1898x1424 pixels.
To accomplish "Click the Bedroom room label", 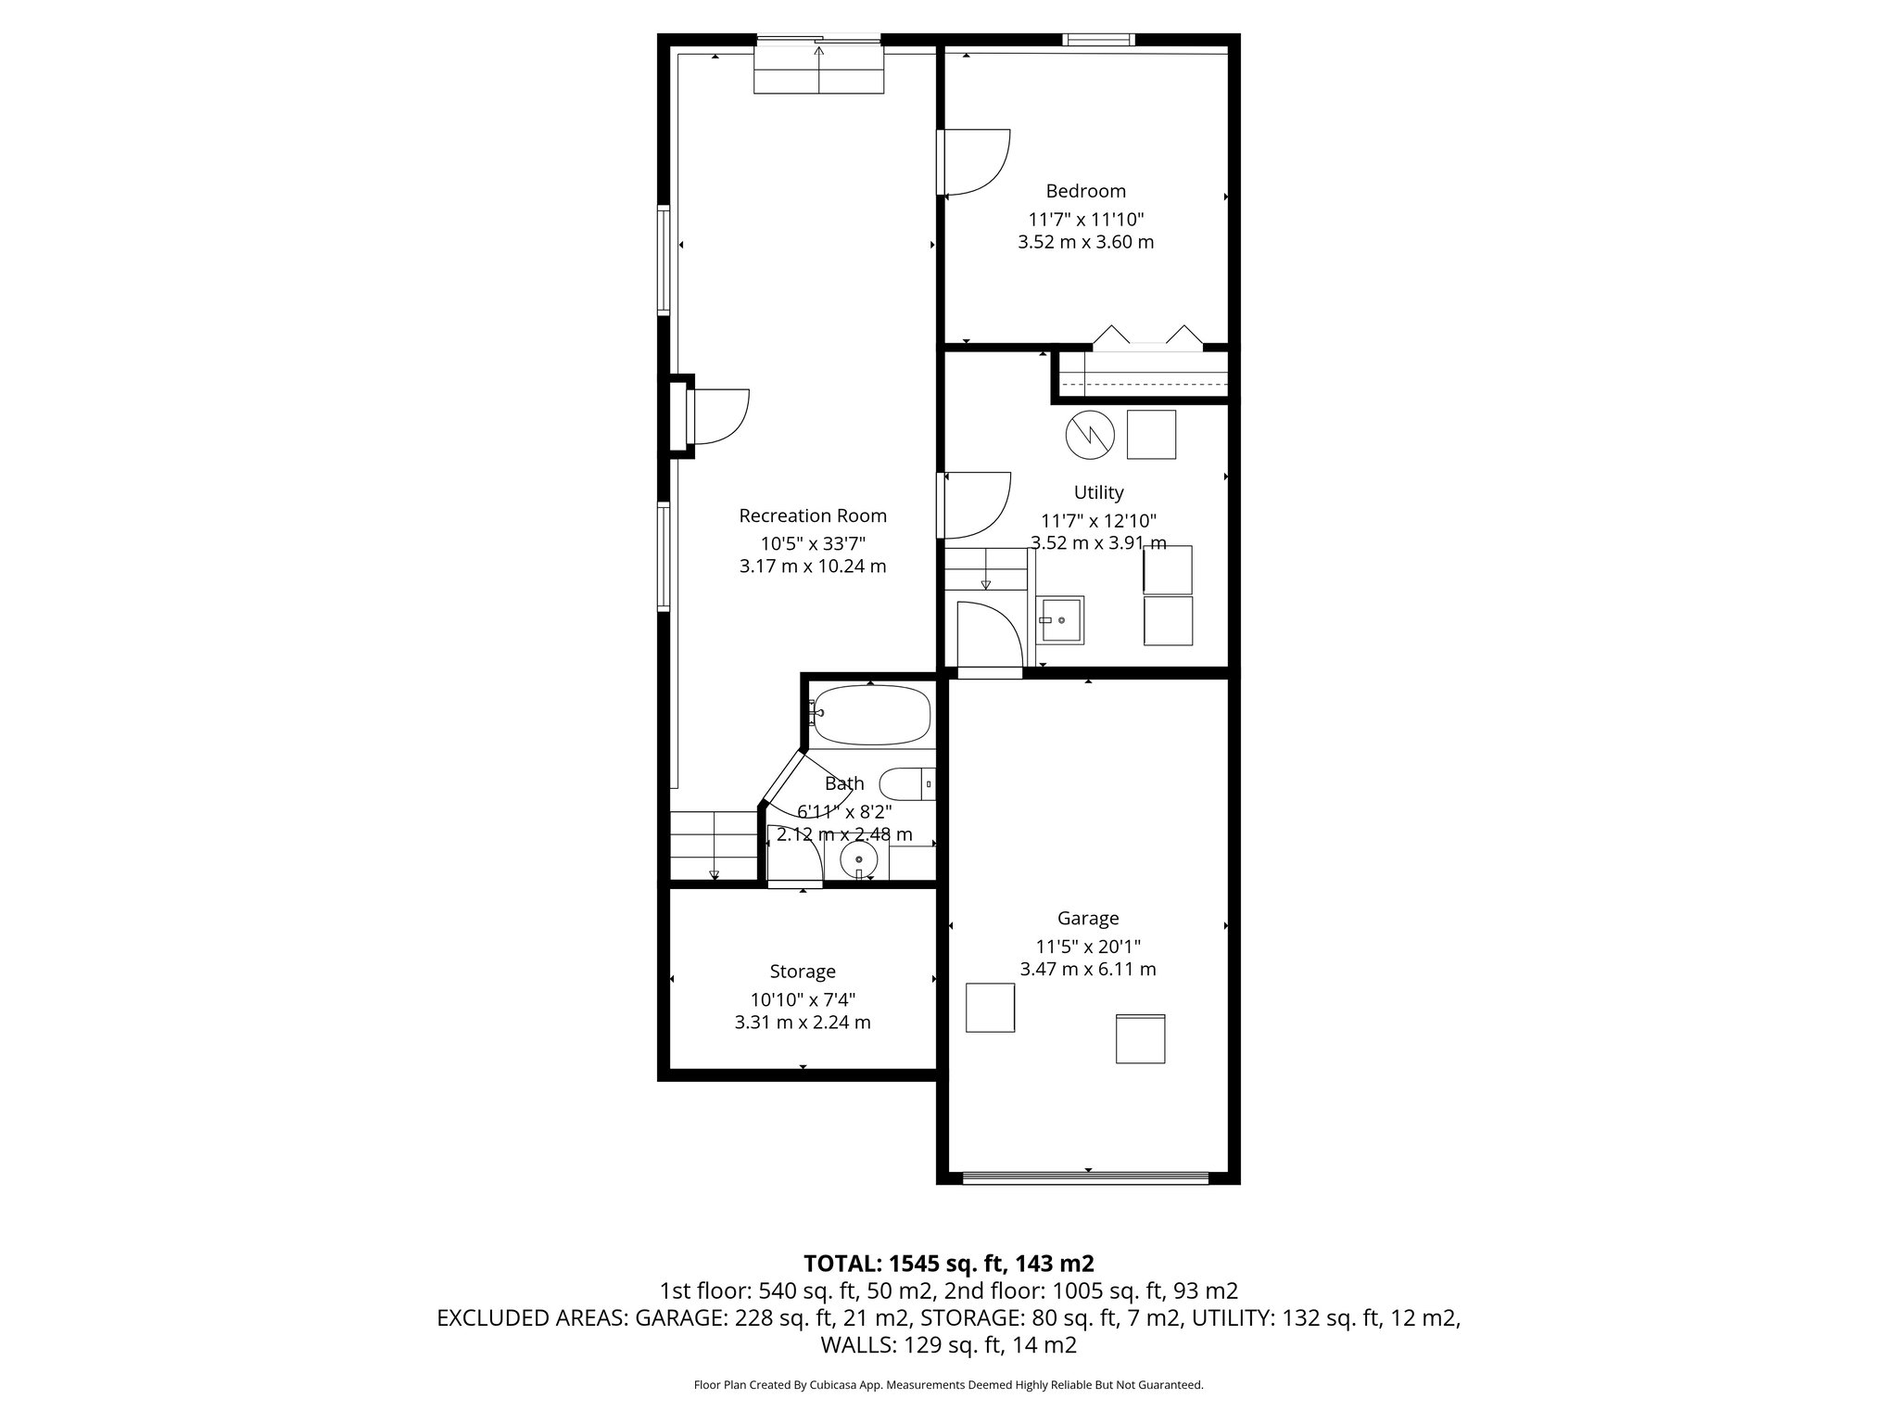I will point(1085,191).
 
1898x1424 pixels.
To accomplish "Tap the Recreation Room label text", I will point(812,515).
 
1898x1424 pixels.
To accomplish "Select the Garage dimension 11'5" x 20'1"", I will point(1087,947).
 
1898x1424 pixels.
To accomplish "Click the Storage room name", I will point(803,971).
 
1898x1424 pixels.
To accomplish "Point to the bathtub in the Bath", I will point(871,715).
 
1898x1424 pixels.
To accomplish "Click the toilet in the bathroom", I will point(906,784).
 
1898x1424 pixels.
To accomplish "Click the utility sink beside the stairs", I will point(1059,619).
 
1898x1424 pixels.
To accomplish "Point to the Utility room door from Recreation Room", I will point(977,506).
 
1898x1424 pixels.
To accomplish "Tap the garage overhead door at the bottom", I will point(1085,1178).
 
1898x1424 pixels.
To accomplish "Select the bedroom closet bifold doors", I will point(1147,339).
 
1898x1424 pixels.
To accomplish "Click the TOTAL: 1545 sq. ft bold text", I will point(948,1263).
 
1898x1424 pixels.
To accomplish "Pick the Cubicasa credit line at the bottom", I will point(948,1385).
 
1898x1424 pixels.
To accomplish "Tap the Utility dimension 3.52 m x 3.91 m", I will point(1098,543).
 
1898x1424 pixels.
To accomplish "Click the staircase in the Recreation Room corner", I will point(714,845).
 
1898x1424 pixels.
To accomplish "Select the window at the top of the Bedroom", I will point(1098,39).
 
